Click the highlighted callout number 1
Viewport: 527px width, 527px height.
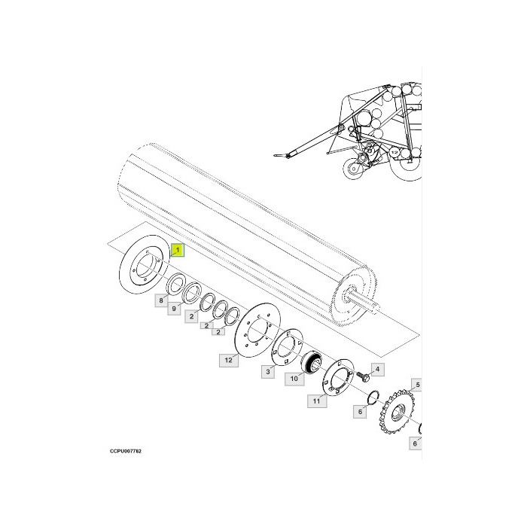[177, 249]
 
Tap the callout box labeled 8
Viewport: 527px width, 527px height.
[160, 300]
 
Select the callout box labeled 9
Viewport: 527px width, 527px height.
[173, 309]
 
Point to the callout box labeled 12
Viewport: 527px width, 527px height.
[228, 361]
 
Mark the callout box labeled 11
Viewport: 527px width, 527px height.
[317, 402]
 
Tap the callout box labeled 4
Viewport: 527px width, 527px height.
[377, 369]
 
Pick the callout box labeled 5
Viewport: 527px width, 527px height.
[418, 385]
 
